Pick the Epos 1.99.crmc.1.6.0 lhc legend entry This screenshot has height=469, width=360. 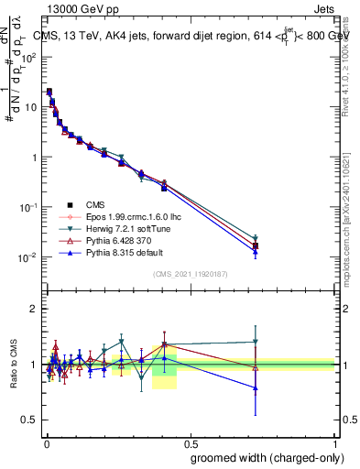click(x=129, y=217)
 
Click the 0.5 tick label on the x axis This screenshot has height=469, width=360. click(x=191, y=442)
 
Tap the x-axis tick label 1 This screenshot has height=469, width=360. click(x=336, y=442)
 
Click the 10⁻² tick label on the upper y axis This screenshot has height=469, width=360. click(x=29, y=257)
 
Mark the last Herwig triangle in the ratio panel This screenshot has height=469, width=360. click(x=256, y=342)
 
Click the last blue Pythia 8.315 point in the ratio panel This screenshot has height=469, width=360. click(x=256, y=387)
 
